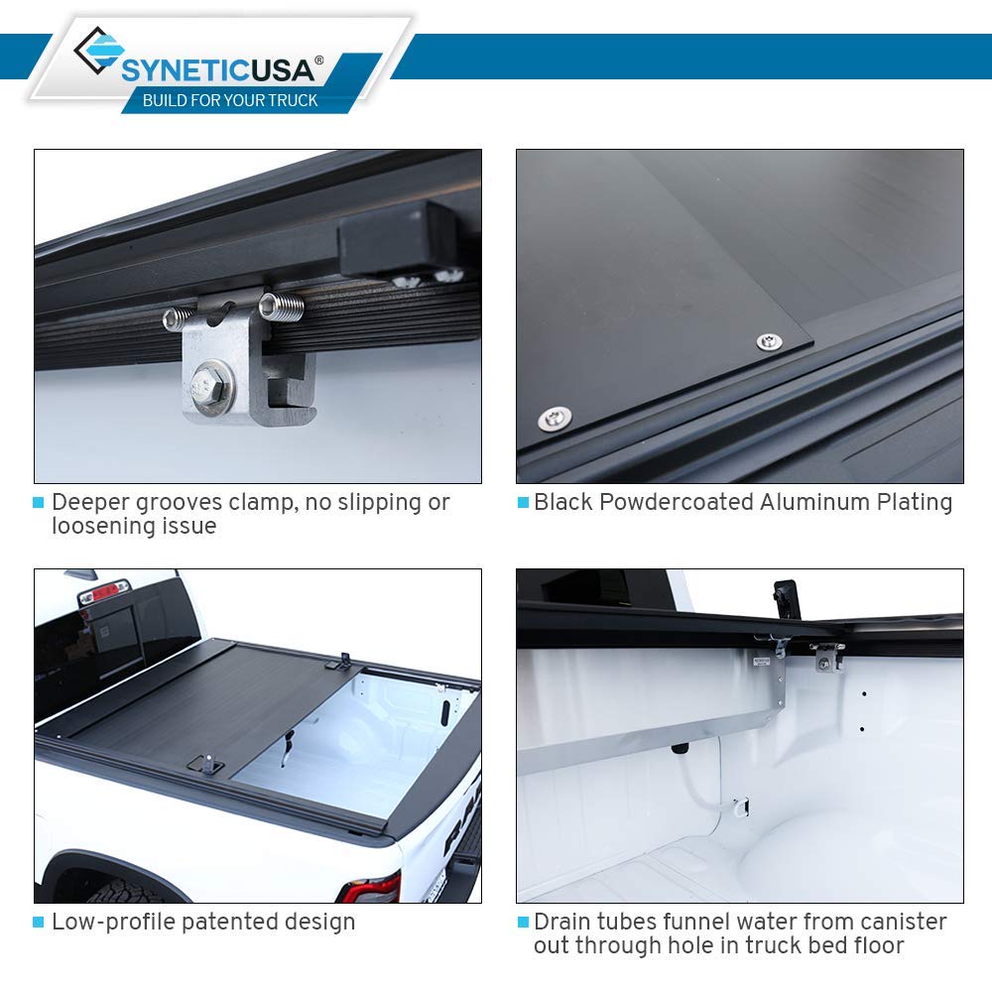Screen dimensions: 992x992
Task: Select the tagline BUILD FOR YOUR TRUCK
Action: [230, 100]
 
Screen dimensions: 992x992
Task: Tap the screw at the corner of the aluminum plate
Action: [768, 342]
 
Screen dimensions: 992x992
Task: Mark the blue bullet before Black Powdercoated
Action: [523, 503]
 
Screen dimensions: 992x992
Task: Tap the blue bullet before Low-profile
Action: [39, 923]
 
